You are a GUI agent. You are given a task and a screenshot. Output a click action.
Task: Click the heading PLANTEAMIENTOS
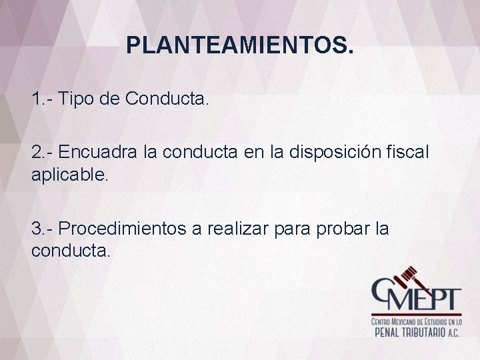coord(240,45)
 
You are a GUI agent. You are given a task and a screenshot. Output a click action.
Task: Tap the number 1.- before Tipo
coord(42,100)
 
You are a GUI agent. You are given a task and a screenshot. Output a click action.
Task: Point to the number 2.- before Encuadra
coord(42,152)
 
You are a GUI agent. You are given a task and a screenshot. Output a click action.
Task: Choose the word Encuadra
coord(98,152)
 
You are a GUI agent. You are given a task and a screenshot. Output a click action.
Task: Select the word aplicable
coord(66,175)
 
